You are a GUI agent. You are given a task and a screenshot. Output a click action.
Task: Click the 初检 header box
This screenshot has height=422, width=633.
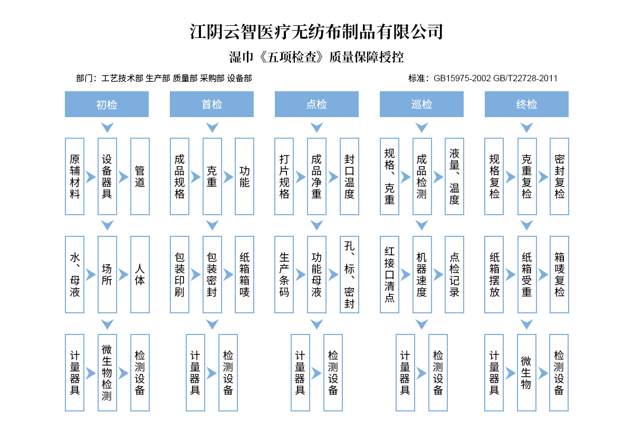[x=107, y=104]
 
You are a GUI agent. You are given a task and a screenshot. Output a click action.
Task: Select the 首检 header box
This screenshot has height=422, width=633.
[x=212, y=104]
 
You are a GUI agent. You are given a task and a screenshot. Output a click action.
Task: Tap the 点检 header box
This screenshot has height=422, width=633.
[x=316, y=104]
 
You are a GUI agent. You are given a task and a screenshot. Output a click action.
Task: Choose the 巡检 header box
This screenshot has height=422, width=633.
[x=421, y=104]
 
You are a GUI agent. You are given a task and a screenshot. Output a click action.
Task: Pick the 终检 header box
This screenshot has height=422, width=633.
[x=526, y=104]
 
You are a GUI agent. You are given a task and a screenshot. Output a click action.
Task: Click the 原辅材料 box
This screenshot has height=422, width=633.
[x=75, y=177]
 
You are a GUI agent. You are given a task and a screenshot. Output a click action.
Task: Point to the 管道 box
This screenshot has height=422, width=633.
[x=140, y=177]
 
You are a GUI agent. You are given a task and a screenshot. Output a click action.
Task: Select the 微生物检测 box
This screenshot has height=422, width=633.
[x=107, y=372]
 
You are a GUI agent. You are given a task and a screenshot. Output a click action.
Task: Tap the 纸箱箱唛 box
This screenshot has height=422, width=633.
[x=245, y=274]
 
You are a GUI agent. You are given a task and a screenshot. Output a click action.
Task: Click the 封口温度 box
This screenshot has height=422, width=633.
[x=349, y=177]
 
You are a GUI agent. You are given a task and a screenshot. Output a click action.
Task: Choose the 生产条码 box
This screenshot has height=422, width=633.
[x=284, y=274]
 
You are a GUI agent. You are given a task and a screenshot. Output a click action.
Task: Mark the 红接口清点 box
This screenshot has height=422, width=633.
[x=389, y=274]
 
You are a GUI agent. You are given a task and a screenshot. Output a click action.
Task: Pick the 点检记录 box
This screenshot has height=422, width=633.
[x=454, y=274]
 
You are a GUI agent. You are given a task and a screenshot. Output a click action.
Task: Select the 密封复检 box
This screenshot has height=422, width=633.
[x=559, y=177]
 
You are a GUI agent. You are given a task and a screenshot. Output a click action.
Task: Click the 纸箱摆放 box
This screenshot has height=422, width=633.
[x=494, y=274]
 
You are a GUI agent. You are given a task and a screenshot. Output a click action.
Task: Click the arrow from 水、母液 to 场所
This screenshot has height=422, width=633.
[x=91, y=275]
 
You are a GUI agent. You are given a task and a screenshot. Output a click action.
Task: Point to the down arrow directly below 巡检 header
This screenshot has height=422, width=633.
[x=421, y=128]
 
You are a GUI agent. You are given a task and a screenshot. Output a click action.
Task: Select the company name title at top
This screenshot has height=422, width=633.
[x=316, y=32]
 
